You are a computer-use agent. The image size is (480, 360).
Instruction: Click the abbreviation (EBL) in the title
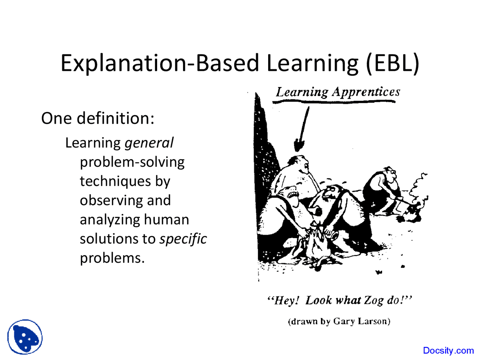click(x=392, y=63)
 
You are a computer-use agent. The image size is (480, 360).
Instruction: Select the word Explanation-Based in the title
click(x=160, y=63)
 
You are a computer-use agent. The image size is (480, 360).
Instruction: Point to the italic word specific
click(x=183, y=239)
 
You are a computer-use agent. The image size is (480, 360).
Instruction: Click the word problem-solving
click(x=132, y=163)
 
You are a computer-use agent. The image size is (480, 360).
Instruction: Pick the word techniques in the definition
click(x=115, y=181)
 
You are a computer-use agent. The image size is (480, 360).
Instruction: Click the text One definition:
click(x=98, y=118)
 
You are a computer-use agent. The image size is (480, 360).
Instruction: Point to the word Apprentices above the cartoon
click(x=366, y=92)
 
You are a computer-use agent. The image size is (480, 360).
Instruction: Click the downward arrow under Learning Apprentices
click(x=302, y=129)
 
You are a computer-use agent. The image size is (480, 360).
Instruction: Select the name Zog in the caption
click(x=373, y=300)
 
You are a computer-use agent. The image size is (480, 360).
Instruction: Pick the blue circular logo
click(x=25, y=337)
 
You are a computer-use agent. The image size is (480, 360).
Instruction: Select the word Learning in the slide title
click(x=312, y=63)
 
